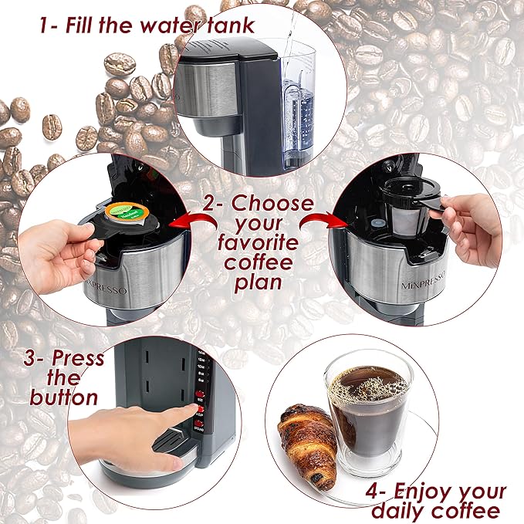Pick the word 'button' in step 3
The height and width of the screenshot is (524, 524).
click(x=64, y=397)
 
